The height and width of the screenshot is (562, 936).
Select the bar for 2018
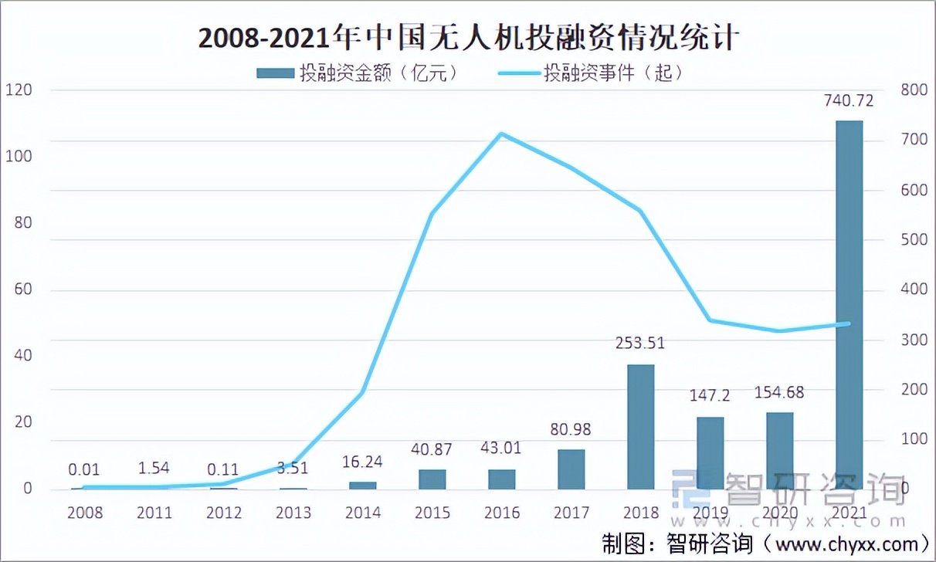coord(640,426)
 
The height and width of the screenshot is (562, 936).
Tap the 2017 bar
coord(571,469)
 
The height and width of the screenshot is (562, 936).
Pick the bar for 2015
coord(432,479)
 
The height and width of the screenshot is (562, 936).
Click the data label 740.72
coord(849,102)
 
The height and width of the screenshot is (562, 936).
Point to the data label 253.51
coord(639,344)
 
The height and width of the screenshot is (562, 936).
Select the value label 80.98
coord(571,430)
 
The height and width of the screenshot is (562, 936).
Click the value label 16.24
coord(362,462)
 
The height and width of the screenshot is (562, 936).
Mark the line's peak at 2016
coord(501,134)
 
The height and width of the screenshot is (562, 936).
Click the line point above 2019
coord(710,320)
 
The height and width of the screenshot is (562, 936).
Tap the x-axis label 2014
coord(362,513)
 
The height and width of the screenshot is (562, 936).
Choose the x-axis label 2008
coord(85,513)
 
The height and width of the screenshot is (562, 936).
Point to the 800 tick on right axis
coord(914,90)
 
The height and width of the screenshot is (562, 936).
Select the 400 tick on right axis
coord(914,289)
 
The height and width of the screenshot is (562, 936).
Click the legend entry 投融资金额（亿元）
coord(359,73)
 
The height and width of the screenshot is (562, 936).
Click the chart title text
coord(468,37)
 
